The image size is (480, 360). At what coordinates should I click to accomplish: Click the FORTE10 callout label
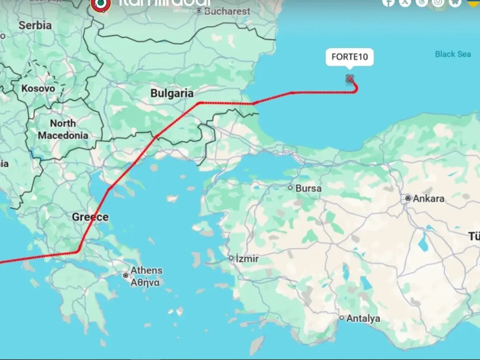350,57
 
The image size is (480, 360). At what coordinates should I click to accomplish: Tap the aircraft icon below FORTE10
350,79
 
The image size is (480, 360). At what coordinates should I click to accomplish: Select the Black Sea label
453,54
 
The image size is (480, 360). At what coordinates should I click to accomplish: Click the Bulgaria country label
172,93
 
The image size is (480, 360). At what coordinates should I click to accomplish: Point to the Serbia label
35,25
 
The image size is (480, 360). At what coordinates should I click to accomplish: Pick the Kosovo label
38,88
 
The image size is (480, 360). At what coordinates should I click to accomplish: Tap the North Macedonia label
63,129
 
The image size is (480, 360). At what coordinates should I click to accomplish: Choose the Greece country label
90,217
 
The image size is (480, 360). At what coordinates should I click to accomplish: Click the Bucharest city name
227,11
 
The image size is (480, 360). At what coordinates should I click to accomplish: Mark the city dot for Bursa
291,188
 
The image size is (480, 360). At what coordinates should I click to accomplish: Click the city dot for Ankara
408,198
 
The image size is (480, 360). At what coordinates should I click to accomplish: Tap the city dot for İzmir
231,258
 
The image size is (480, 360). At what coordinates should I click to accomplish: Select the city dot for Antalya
342,318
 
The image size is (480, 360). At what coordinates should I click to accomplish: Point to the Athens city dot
126,276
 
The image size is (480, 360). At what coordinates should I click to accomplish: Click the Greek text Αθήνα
145,282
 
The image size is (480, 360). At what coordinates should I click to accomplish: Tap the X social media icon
405,2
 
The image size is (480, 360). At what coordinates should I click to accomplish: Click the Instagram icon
438,2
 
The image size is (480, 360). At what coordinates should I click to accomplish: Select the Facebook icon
388,2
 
